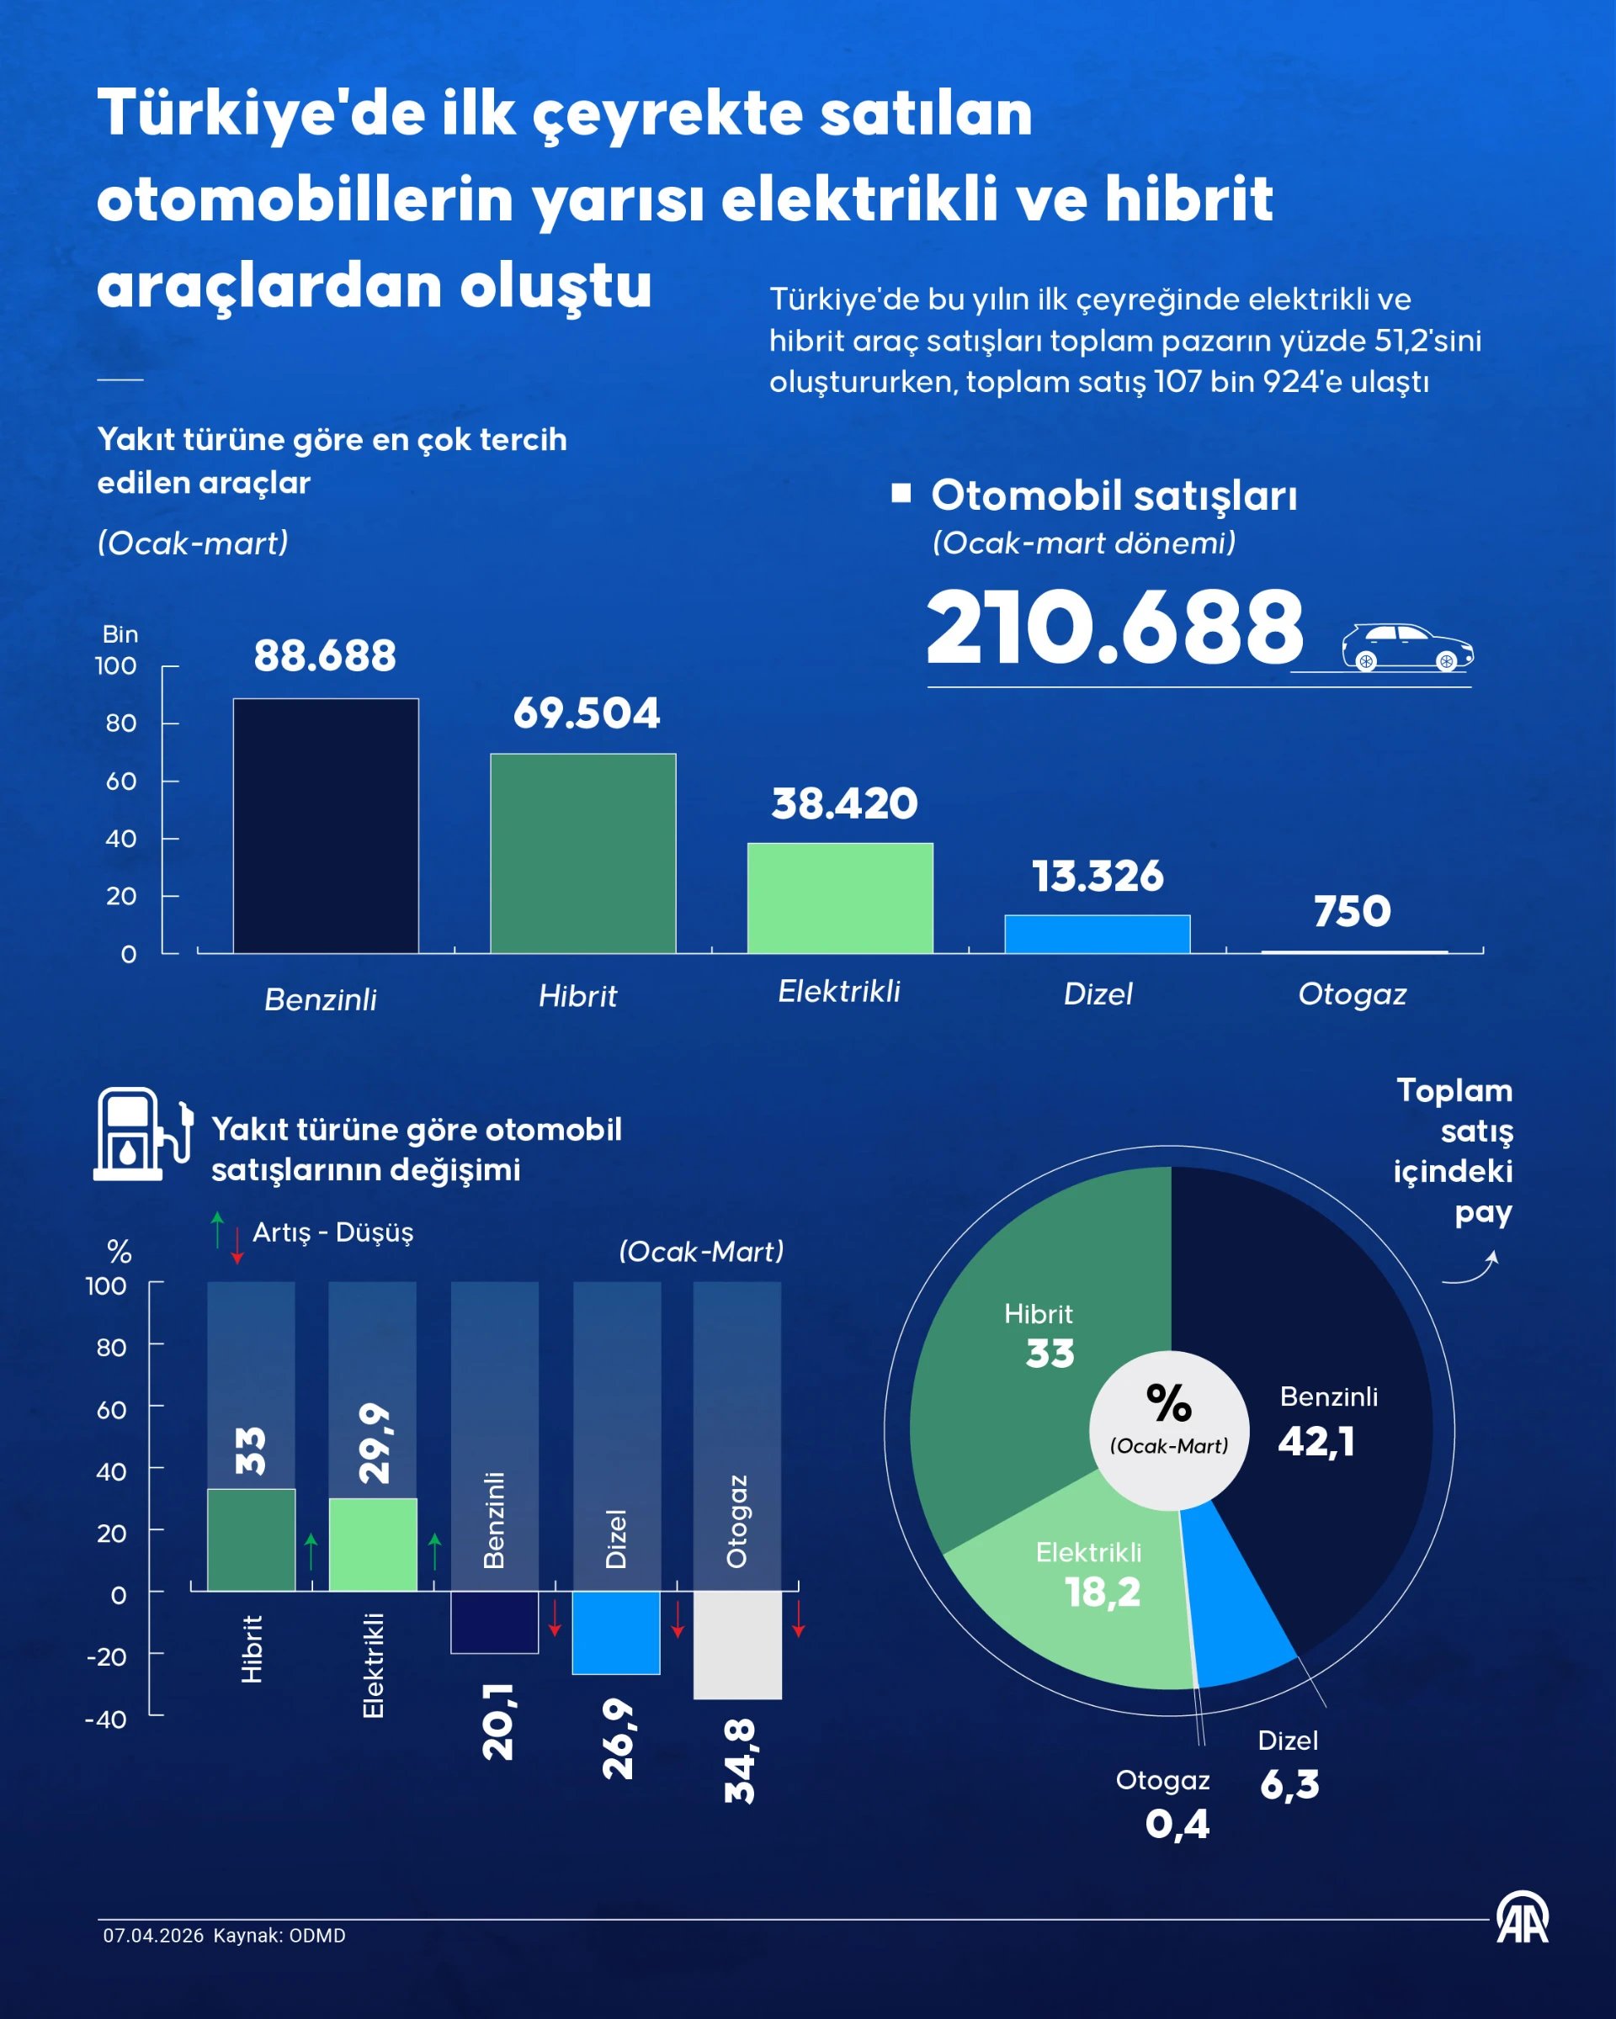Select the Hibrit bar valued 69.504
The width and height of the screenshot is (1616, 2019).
click(x=582, y=853)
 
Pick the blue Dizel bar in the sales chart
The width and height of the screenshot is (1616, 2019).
click(x=1097, y=934)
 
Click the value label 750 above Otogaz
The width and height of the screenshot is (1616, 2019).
click(x=1352, y=911)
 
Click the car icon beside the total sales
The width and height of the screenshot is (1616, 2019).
click(x=1406, y=647)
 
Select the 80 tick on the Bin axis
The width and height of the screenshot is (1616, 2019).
click(x=121, y=723)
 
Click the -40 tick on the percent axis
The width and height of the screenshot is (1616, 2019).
click(x=106, y=1720)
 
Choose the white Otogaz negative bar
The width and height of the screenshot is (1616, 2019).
click(x=737, y=1645)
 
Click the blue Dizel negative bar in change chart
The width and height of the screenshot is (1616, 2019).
click(x=615, y=1632)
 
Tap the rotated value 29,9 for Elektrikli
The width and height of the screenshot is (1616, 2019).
click(x=374, y=1443)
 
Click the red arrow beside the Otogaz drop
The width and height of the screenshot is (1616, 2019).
click(x=798, y=1619)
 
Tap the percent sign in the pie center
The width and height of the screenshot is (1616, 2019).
click(x=1168, y=1403)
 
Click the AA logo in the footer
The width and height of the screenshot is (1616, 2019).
click(x=1522, y=1919)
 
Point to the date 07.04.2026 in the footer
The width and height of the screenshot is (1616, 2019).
click(x=152, y=1936)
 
